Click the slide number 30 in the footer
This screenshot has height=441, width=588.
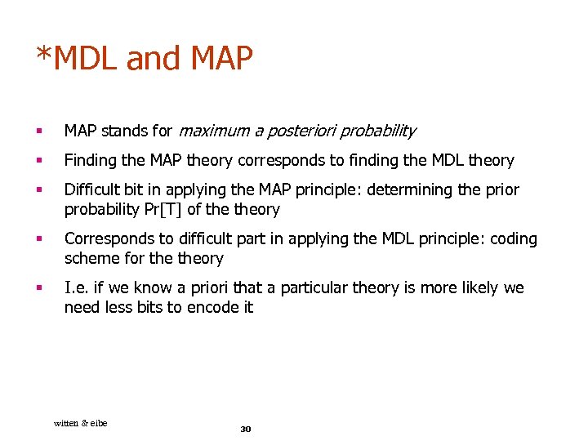coord(246,429)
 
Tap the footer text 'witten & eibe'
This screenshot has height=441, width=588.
coord(80,422)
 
